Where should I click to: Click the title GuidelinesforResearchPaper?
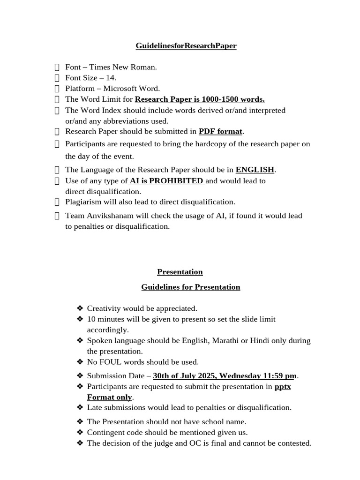coord(186,46)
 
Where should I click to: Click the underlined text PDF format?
coord(220,132)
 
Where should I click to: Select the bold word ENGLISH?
coord(255,170)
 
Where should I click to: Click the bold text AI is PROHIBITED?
coord(166,181)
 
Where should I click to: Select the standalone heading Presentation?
coord(180,272)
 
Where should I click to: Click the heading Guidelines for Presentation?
coord(191,287)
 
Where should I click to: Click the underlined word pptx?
coord(282,387)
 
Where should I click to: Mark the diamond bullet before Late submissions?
coord(79,408)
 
